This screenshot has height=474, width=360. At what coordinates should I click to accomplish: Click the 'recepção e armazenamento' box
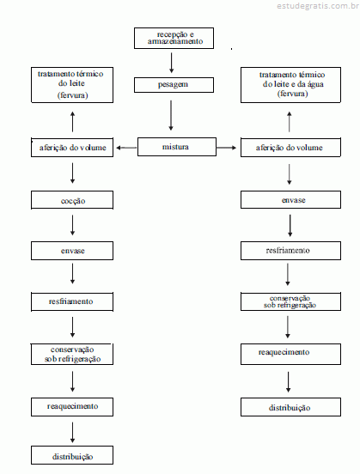coord(174,38)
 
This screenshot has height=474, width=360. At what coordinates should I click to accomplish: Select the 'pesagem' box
coord(174,85)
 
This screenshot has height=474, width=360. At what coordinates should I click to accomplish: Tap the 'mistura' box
coord(177,147)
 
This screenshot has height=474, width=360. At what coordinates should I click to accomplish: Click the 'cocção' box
coord(72,200)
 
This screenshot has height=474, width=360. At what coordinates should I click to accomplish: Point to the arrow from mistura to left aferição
coord(126,148)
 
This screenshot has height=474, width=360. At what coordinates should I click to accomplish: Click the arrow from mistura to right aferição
coord(226,148)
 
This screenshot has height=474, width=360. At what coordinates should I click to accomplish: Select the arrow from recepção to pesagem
coord(172,63)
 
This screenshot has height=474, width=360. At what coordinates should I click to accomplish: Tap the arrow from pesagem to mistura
coord(171,115)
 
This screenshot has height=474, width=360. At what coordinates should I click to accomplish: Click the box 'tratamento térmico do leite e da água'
coord(290,85)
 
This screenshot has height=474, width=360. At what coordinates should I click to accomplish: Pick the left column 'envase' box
coord(72,251)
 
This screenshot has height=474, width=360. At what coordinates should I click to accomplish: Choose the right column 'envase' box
coord(290,199)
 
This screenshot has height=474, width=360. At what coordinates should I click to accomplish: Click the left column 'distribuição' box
coord(72,455)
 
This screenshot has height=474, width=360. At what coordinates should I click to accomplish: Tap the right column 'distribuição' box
coord(290,407)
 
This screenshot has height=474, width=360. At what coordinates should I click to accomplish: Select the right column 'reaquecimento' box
coord(290,354)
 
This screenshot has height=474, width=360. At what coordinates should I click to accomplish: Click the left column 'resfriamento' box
coord(72,301)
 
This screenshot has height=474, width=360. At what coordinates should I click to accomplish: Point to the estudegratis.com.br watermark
coord(318,6)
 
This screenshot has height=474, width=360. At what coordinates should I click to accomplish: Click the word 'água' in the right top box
coord(315,84)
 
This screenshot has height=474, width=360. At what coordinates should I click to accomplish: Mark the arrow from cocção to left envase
coord(73,225)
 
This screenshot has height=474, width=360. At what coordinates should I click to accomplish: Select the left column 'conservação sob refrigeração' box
coord(72,354)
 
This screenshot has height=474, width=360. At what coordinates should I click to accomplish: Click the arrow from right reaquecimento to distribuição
coord(289,382)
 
